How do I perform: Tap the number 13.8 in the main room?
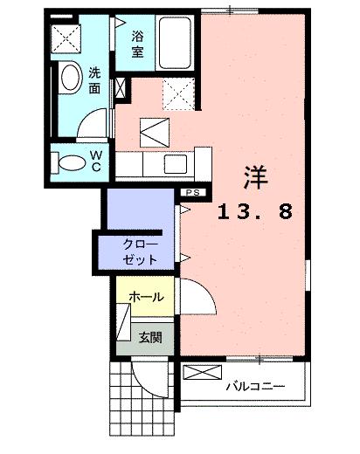[254, 210]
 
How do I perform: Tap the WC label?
[96, 160]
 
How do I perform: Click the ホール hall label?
[146, 298]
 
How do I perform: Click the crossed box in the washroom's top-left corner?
[65, 38]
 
